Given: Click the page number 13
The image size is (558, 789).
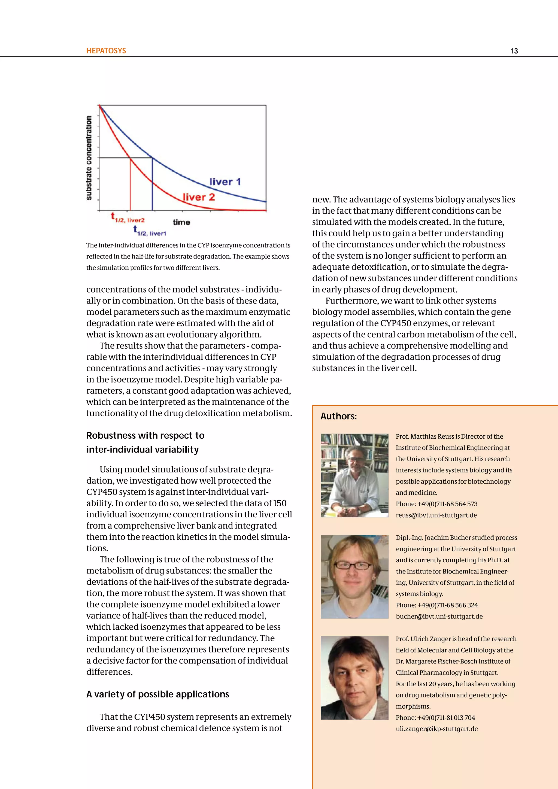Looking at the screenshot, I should [514, 51].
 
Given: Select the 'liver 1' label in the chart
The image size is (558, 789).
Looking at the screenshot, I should [225, 182].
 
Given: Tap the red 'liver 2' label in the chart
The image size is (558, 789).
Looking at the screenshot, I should [199, 197].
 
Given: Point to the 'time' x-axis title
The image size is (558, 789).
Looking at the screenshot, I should [181, 222].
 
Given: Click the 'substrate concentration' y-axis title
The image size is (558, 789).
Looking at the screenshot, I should [89, 157].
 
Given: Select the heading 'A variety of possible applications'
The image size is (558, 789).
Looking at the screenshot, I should [158, 694].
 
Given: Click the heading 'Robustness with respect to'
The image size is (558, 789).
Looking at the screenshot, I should [145, 435].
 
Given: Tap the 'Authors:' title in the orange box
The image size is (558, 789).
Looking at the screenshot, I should [338, 417].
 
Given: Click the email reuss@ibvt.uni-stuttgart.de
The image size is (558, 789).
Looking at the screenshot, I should [436, 515].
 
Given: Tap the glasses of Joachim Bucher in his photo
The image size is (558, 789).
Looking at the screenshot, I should [353, 565].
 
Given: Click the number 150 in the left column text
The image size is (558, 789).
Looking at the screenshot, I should [280, 503].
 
